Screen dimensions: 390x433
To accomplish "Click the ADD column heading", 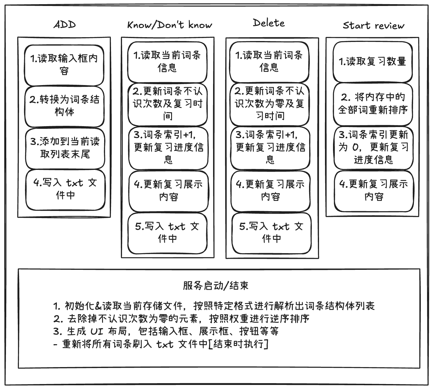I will coord(65,25).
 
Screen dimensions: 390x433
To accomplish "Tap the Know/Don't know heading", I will coord(169,25).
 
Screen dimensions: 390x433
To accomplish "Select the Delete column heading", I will coord(269,23).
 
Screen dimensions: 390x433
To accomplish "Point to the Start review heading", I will coord(373,26).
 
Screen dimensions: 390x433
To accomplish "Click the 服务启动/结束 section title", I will coord(216,286).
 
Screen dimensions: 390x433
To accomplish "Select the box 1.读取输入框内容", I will coord(64,65).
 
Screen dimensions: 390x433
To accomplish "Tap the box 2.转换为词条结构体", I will coord(64,106).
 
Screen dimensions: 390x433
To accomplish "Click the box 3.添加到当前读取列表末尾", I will coord(65,148).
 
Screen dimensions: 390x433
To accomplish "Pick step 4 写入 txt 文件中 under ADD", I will coord(65,189).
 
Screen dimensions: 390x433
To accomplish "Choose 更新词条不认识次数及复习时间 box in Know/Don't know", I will coord(168,103).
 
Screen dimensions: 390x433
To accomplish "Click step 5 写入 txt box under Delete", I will coord(271,233).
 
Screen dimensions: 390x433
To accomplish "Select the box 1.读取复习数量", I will coord(373,62).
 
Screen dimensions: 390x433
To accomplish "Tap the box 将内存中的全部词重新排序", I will coord(373,104).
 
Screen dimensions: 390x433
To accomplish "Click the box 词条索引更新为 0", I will coord(373,147).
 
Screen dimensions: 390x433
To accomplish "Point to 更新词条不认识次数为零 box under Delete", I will coord(270,103).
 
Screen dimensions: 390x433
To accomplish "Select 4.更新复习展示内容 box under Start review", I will coord(374,190).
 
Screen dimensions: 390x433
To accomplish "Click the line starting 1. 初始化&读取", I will coord(214,306).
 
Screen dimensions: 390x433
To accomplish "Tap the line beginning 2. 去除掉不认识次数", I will coord(182,319).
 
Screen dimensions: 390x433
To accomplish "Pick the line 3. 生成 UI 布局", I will coord(166,331).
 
